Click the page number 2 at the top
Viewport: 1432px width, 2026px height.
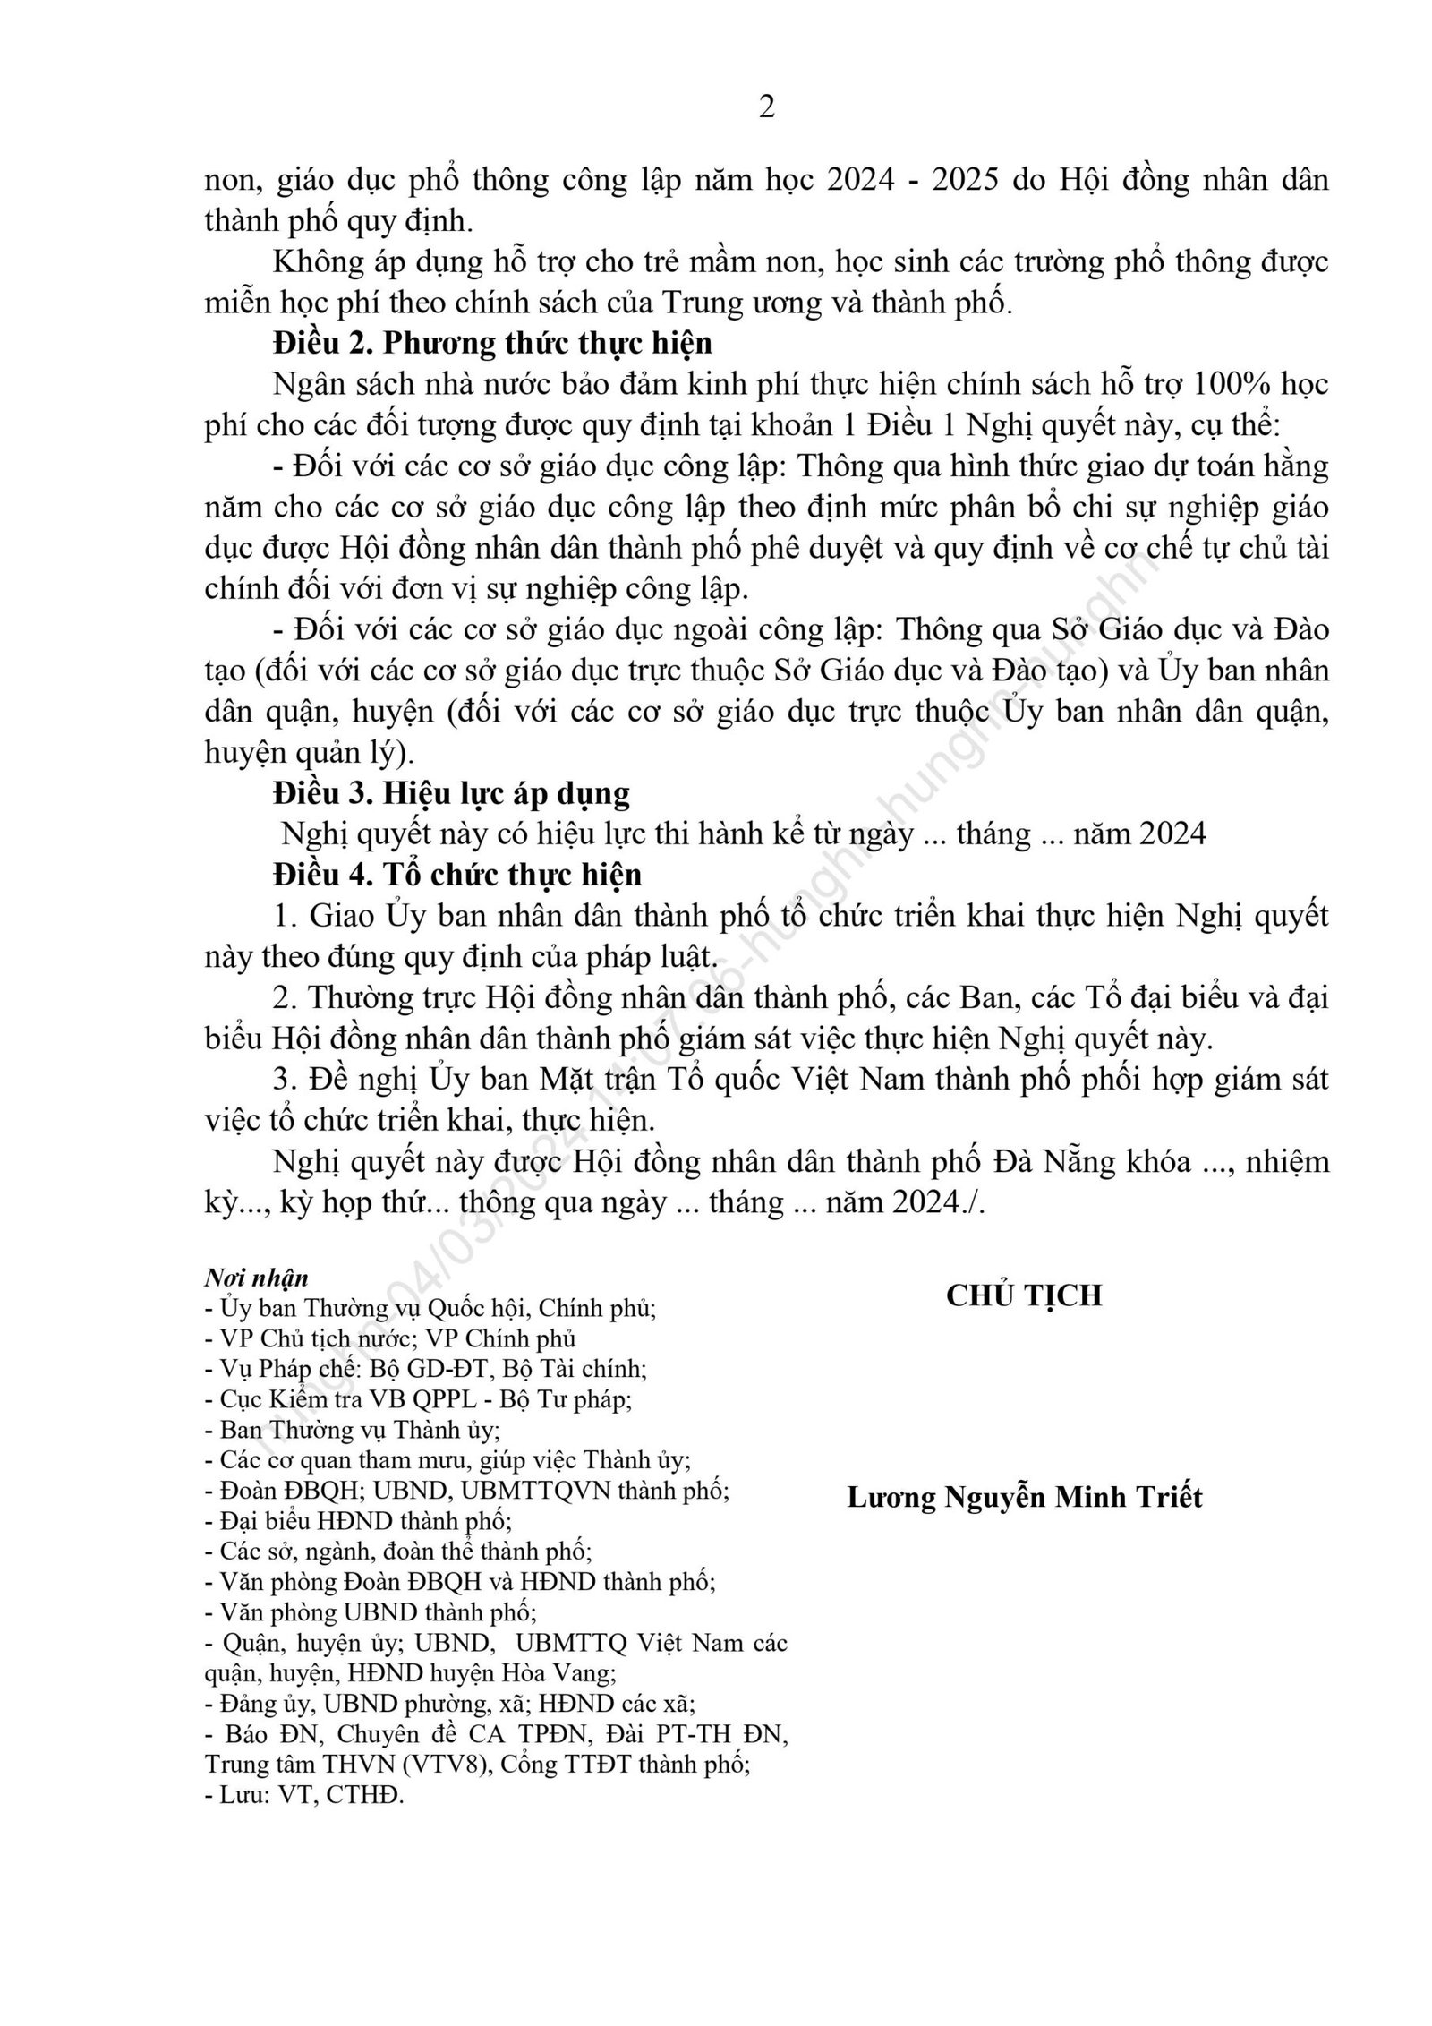pos(766,107)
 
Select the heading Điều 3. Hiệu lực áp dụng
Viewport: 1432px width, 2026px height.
pos(451,793)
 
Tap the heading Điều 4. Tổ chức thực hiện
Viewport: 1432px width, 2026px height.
pos(456,875)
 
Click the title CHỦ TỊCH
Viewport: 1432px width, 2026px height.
pos(1024,1295)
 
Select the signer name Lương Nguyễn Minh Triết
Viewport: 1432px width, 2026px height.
pos(1025,1497)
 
